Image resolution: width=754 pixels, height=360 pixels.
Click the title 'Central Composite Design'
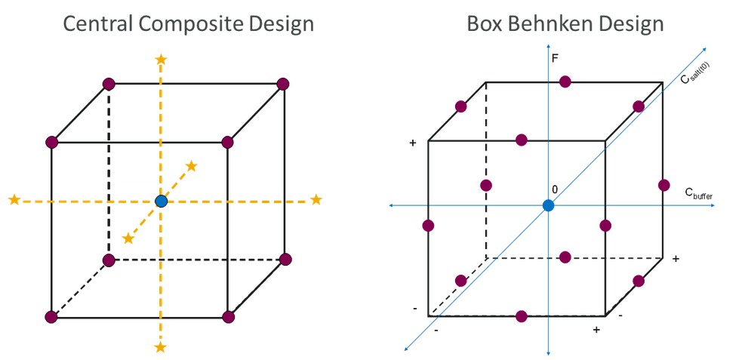coord(188,24)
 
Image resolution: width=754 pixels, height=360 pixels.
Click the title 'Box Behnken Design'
coord(565,24)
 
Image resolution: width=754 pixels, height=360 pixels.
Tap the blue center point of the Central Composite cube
coord(161,201)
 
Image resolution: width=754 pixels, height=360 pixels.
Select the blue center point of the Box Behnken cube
coord(549,205)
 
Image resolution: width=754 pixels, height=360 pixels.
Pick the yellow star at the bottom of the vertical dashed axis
coord(160,347)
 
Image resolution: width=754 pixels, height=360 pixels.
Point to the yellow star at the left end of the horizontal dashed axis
coord(14,200)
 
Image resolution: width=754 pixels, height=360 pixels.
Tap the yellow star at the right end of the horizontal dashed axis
coord(316,200)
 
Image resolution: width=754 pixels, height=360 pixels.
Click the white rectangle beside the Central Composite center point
coord(136,191)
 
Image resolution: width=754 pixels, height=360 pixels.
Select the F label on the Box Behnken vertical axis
coord(555,57)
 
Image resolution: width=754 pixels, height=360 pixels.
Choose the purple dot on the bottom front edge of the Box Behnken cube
coord(521,315)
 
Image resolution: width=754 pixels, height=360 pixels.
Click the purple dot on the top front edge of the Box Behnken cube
coord(520,140)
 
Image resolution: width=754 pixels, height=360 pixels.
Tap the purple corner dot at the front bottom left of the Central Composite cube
coord(52,317)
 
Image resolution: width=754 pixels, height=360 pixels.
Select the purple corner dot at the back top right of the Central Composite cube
coord(284,84)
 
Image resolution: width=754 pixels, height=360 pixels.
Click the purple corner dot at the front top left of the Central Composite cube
coord(52,142)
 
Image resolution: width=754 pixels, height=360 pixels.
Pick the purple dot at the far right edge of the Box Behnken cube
coord(664,185)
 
